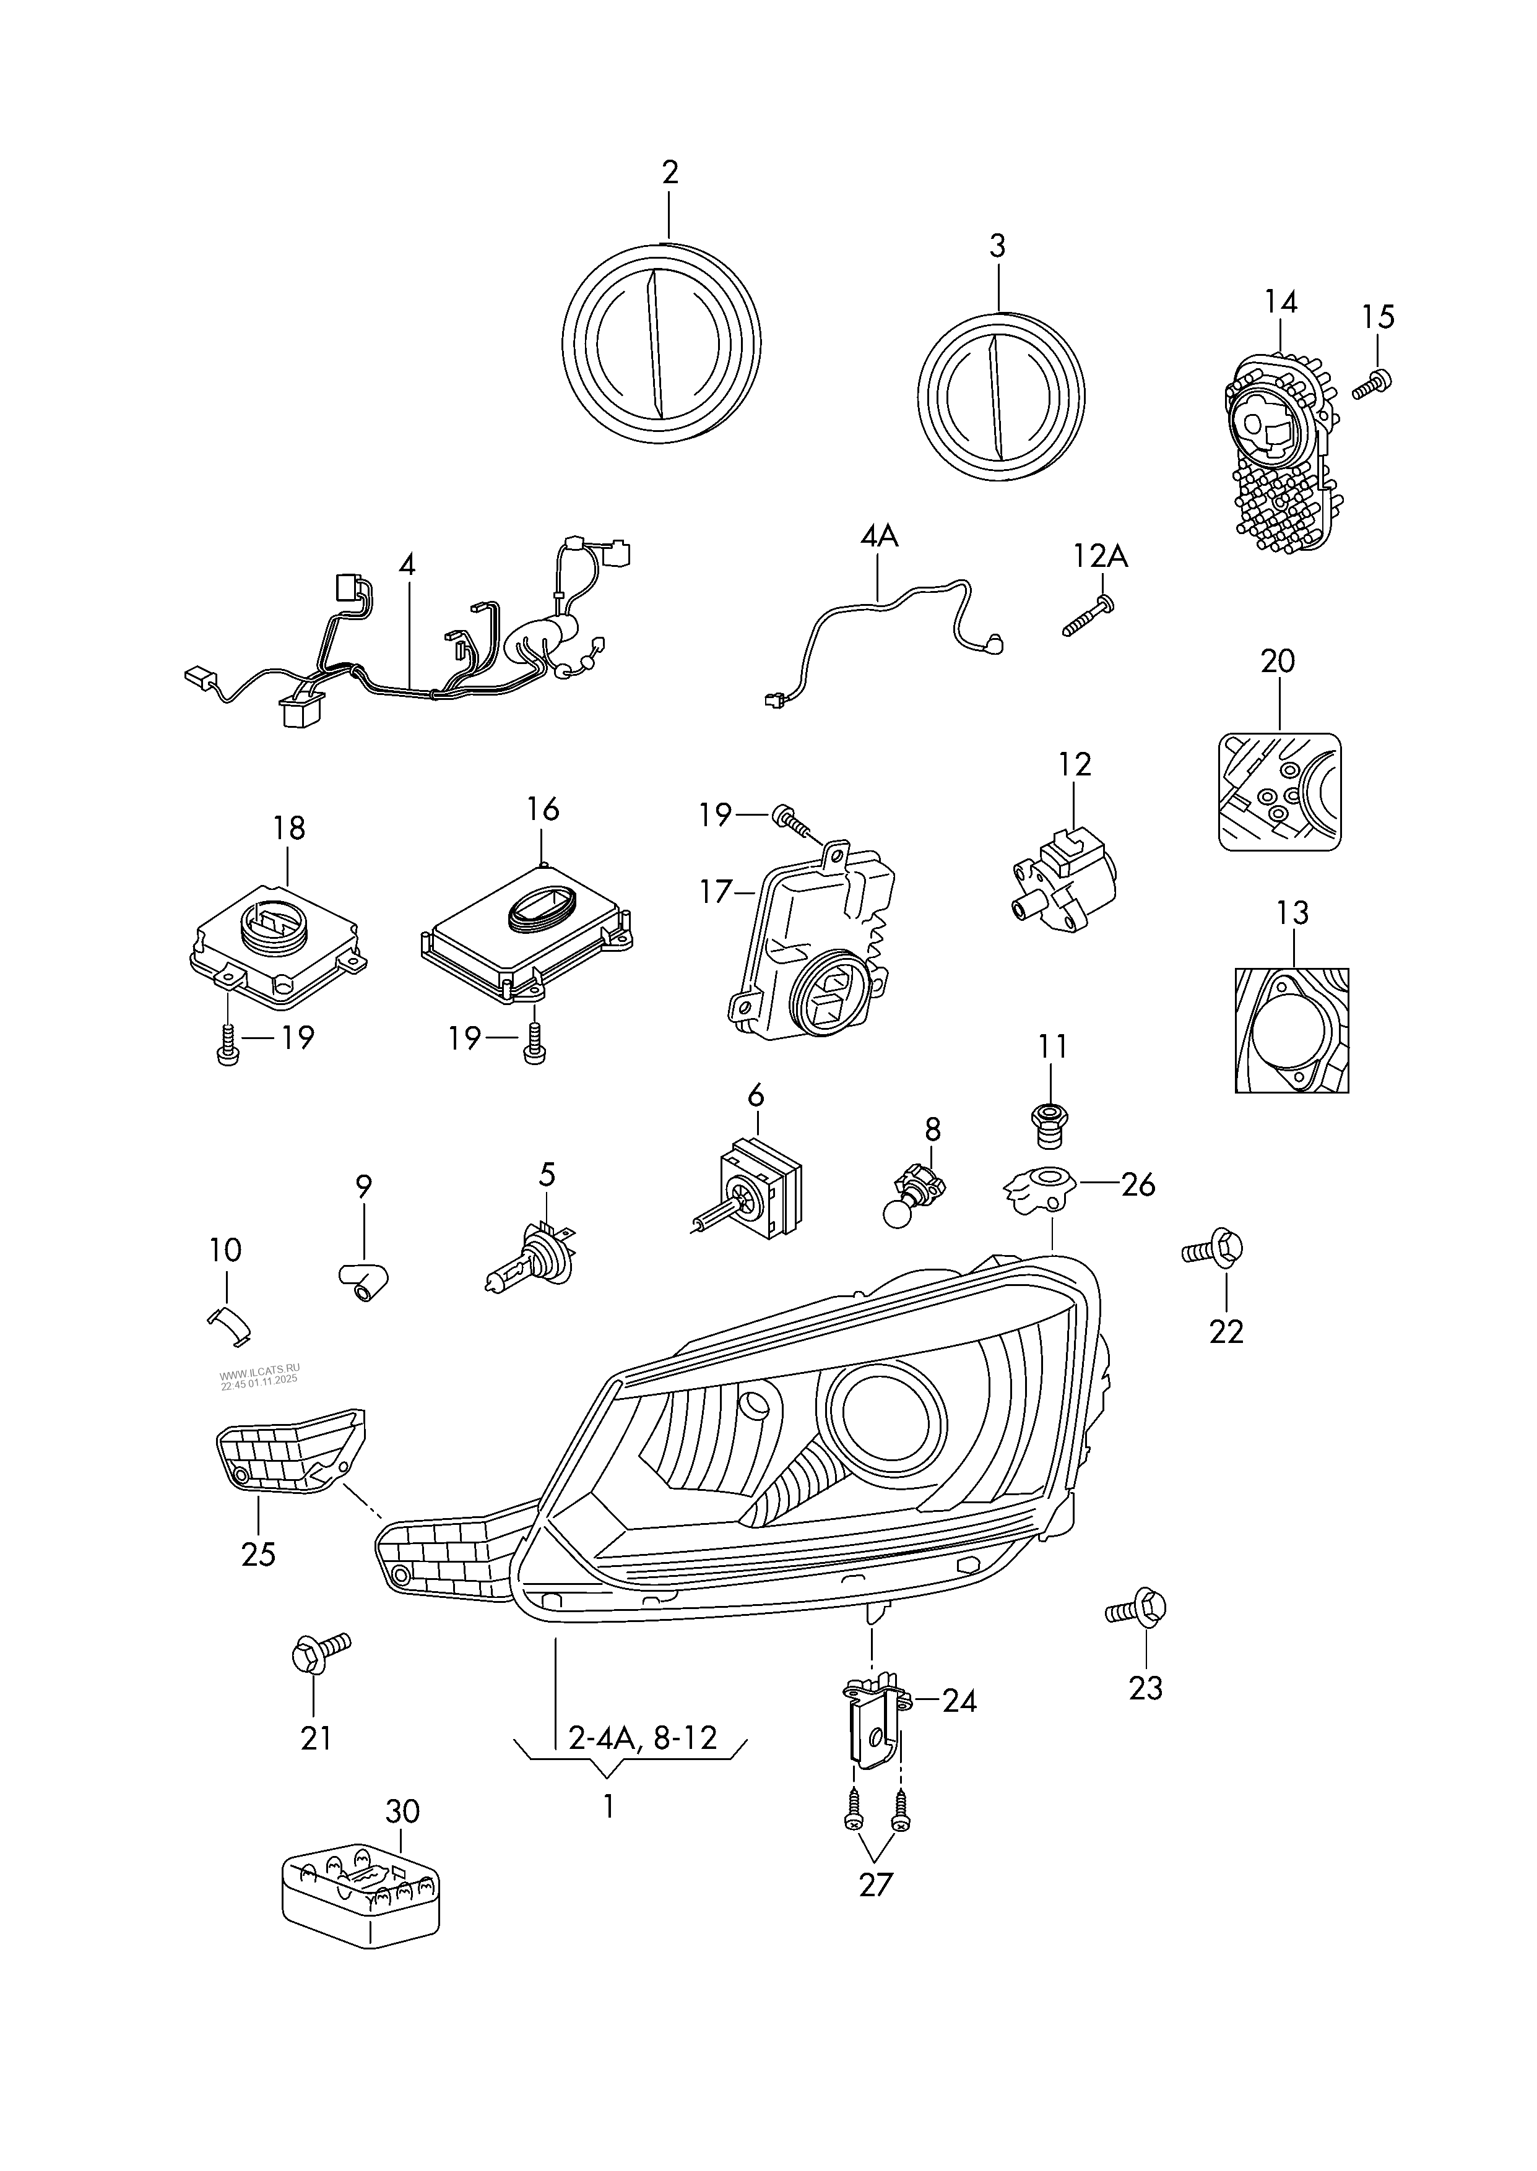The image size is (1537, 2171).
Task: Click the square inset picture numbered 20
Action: (x=1279, y=791)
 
